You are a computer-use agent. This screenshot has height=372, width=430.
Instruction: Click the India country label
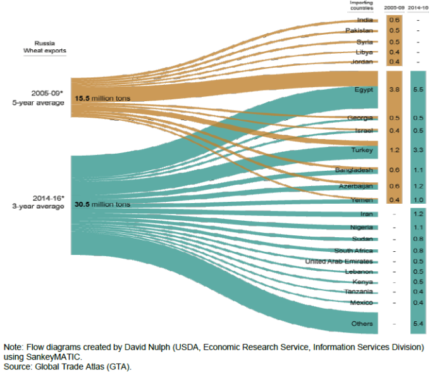click(365, 20)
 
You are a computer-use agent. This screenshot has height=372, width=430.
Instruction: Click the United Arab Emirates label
click(340, 261)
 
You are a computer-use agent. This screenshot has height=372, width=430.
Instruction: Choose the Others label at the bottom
click(363, 324)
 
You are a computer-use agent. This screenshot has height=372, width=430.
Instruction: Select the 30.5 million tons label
click(102, 205)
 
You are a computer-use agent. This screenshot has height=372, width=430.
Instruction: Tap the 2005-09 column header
click(394, 8)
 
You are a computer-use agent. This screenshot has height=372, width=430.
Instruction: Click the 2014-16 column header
click(417, 8)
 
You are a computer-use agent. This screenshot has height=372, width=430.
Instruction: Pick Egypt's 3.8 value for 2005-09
click(394, 90)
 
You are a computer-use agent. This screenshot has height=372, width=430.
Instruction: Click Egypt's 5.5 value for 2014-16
click(417, 90)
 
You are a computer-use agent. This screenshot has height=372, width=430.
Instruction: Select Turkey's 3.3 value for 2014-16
click(417, 150)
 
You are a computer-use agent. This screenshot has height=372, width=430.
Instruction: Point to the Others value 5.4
click(417, 324)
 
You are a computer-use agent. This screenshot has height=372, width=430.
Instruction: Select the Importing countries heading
click(361, 5)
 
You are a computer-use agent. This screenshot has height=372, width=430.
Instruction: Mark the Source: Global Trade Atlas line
click(68, 366)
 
